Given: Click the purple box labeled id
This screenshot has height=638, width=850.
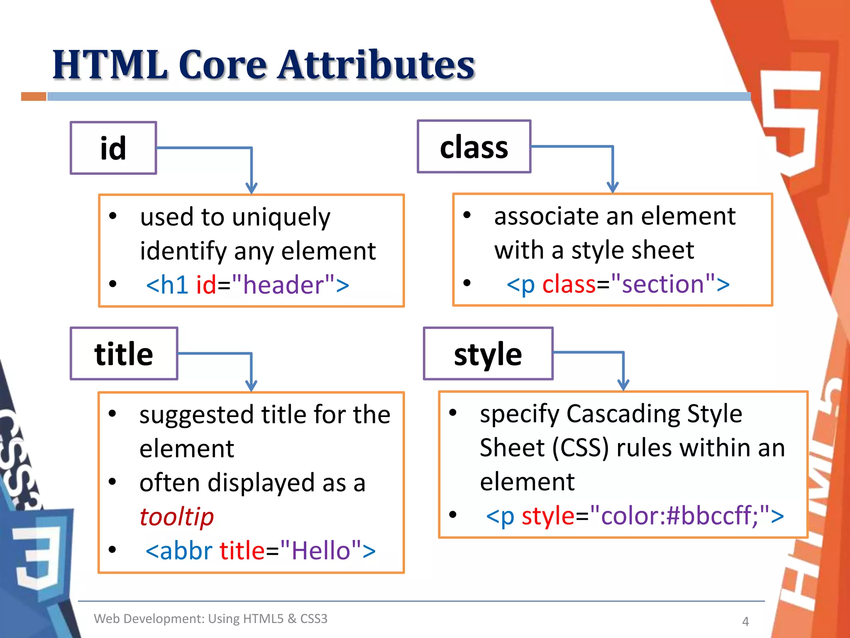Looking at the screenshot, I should coord(113,148).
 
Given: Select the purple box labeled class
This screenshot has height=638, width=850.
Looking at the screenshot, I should coord(474,147).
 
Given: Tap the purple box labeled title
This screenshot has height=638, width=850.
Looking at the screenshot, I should coord(124,353).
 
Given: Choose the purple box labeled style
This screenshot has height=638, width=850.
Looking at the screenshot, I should coord(488,353).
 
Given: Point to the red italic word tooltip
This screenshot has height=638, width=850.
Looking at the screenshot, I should coord(176,517).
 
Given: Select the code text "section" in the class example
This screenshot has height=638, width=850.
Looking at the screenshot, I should coord(663,284).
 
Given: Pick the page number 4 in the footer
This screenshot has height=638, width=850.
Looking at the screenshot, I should coord(745,621).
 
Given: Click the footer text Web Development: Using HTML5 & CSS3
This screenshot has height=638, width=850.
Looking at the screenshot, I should coord(210,618).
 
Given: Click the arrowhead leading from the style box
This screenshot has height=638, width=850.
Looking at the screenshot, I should coord(623,385).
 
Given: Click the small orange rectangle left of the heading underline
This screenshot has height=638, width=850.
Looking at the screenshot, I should coord(34,97).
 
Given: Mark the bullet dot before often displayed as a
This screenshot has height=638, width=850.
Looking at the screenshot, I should coord(112,482).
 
